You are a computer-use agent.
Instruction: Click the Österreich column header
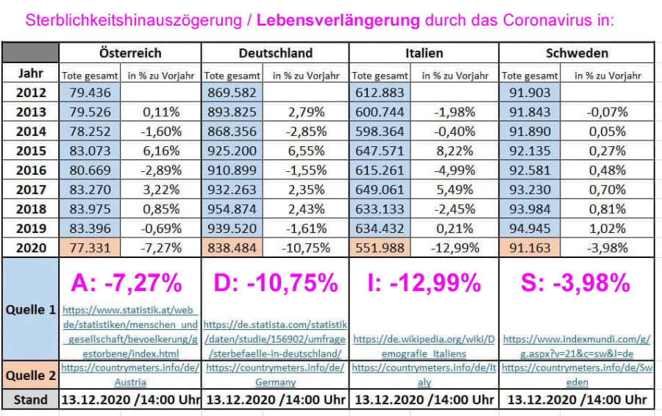(130, 53)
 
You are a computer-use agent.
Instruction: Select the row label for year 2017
(30, 190)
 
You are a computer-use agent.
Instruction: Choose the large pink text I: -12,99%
(424, 282)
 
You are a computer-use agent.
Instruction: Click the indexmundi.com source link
(576, 345)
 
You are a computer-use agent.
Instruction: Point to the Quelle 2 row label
(30, 375)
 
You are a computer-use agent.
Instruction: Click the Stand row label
(30, 400)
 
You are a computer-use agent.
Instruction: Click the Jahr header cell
(30, 73)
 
